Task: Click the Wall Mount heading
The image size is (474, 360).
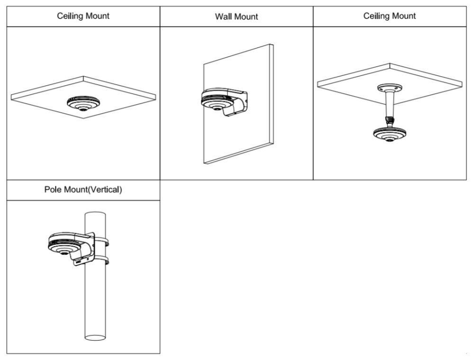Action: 236,17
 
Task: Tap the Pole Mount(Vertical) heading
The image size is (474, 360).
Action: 83,190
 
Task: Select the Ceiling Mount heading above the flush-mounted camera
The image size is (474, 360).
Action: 83,16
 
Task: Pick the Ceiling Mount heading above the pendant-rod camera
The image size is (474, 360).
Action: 389,16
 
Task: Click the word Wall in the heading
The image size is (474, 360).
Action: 224,17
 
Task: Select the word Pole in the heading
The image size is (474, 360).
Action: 52,190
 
